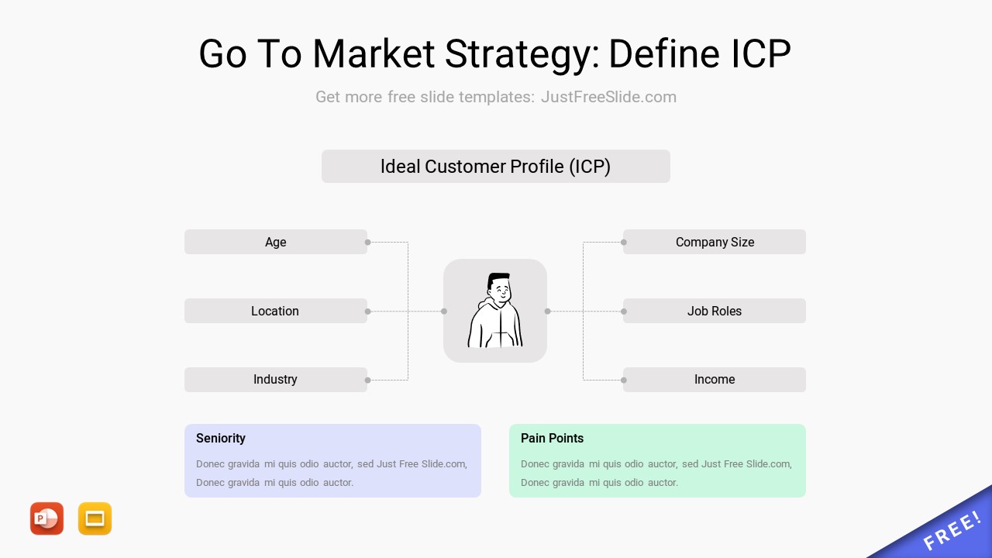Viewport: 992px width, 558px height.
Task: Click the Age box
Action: (275, 242)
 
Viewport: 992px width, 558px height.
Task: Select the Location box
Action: (275, 311)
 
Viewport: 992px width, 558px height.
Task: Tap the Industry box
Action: (275, 380)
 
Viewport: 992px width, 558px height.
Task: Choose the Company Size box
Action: (715, 242)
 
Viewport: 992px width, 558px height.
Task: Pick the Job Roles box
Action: (715, 311)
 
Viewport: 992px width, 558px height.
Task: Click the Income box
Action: (715, 380)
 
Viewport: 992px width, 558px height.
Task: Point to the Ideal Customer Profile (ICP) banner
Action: (495, 166)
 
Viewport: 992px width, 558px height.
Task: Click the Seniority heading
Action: (221, 439)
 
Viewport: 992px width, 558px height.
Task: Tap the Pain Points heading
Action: (552, 439)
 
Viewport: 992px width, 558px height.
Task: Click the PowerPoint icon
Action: (47, 518)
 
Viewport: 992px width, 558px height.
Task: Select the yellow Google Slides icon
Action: (95, 518)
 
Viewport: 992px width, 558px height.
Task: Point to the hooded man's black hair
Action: (498, 280)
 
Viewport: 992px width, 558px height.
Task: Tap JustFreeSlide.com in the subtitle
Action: (608, 97)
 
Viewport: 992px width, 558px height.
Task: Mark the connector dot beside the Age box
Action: (367, 243)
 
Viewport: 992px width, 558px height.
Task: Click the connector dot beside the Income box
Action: (624, 380)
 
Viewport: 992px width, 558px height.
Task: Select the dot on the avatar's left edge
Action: (444, 312)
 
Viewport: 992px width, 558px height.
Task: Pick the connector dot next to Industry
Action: (367, 380)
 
